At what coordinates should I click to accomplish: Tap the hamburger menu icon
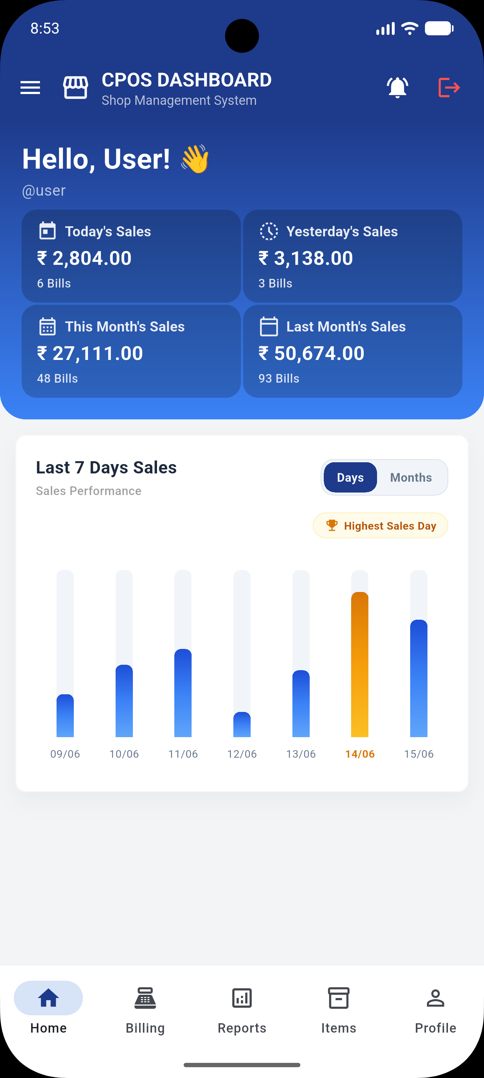[x=30, y=88]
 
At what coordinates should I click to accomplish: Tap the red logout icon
[x=449, y=88]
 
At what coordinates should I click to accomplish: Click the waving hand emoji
[x=195, y=159]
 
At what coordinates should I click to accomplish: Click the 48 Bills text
[x=57, y=378]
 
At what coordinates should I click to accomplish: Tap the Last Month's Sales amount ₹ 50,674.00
[x=311, y=353]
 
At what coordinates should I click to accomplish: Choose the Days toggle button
[x=350, y=477]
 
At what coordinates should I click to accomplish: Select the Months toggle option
[x=411, y=477]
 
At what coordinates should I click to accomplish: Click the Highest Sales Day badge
[x=380, y=526]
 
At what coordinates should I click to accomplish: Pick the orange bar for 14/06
[x=360, y=664]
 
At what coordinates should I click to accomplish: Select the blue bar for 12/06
[x=242, y=725]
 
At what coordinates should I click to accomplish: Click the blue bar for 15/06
[x=419, y=678]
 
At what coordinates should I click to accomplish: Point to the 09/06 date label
[x=65, y=754]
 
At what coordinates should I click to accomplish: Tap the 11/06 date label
[x=183, y=754]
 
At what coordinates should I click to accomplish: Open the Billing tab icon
[x=145, y=998]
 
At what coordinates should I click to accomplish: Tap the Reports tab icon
[x=242, y=998]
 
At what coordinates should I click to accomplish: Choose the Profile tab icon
[x=435, y=998]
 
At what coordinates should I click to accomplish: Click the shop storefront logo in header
[x=76, y=88]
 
